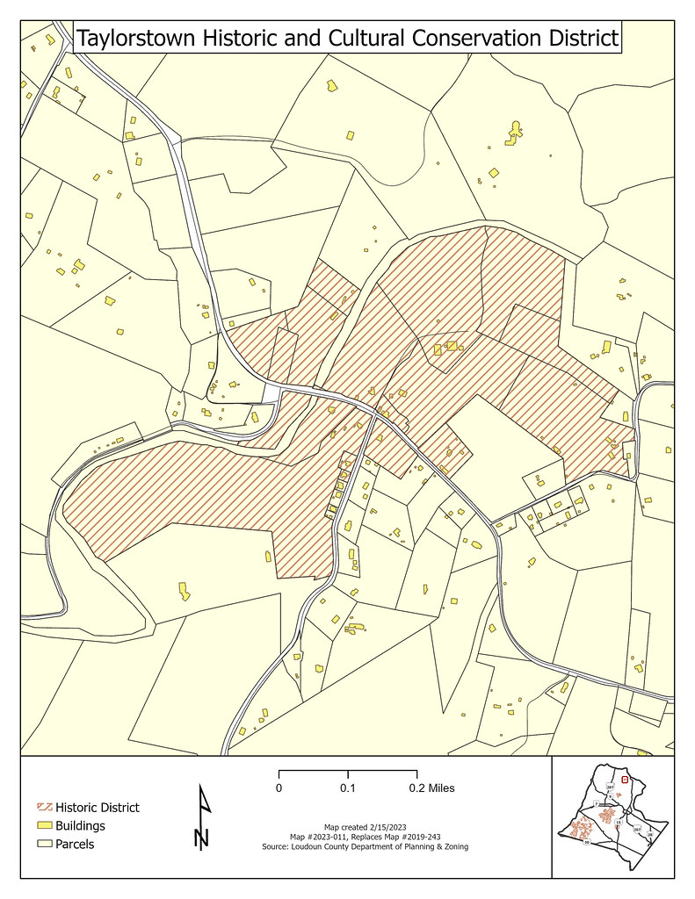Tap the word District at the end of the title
581,40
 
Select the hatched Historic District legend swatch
44,808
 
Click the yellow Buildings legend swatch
44,826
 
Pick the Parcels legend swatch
44,845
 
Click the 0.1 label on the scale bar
348,788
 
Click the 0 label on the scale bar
279,788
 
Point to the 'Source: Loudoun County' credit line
365,847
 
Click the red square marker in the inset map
625,779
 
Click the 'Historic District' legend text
97,808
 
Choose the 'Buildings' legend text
80,826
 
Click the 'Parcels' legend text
75,845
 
